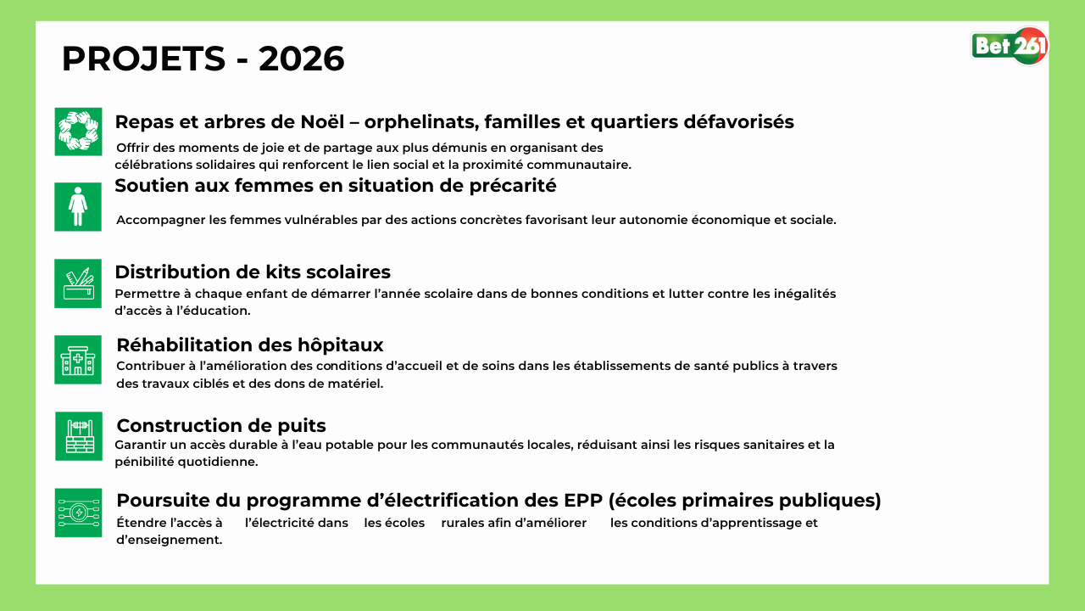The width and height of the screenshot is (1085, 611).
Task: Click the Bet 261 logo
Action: (x=1010, y=46)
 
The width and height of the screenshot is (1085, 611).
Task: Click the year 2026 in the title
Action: (x=301, y=59)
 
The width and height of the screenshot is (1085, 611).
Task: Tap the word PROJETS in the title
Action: (x=144, y=59)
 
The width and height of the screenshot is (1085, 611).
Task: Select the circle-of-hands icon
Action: (x=79, y=132)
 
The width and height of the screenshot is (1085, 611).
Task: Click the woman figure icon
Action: (x=78, y=207)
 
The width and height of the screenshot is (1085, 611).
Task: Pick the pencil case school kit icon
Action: (x=78, y=283)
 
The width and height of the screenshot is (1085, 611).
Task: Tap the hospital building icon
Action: (x=78, y=360)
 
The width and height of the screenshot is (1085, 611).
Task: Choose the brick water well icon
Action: (x=79, y=436)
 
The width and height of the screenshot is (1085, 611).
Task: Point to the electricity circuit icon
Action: (x=79, y=513)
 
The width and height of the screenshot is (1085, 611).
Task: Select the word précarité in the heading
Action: (x=513, y=186)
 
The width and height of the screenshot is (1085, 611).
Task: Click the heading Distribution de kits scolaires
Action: (x=253, y=272)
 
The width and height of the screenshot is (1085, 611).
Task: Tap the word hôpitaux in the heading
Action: (x=341, y=345)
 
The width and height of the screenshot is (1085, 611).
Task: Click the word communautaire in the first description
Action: (x=579, y=165)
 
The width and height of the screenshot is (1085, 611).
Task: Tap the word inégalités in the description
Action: (x=805, y=294)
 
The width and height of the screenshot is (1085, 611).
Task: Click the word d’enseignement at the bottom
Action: (x=170, y=541)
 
